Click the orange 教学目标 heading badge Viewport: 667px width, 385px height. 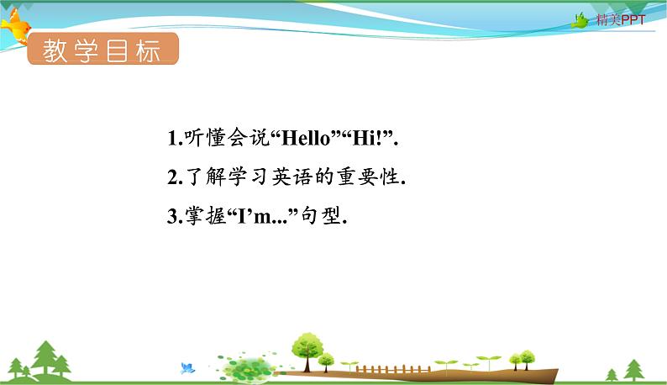coord(102,51)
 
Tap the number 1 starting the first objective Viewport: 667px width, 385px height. coord(171,140)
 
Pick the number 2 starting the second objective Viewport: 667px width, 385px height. coord(171,178)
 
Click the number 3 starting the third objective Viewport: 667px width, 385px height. coord(171,217)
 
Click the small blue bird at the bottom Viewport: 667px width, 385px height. coord(187,367)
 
